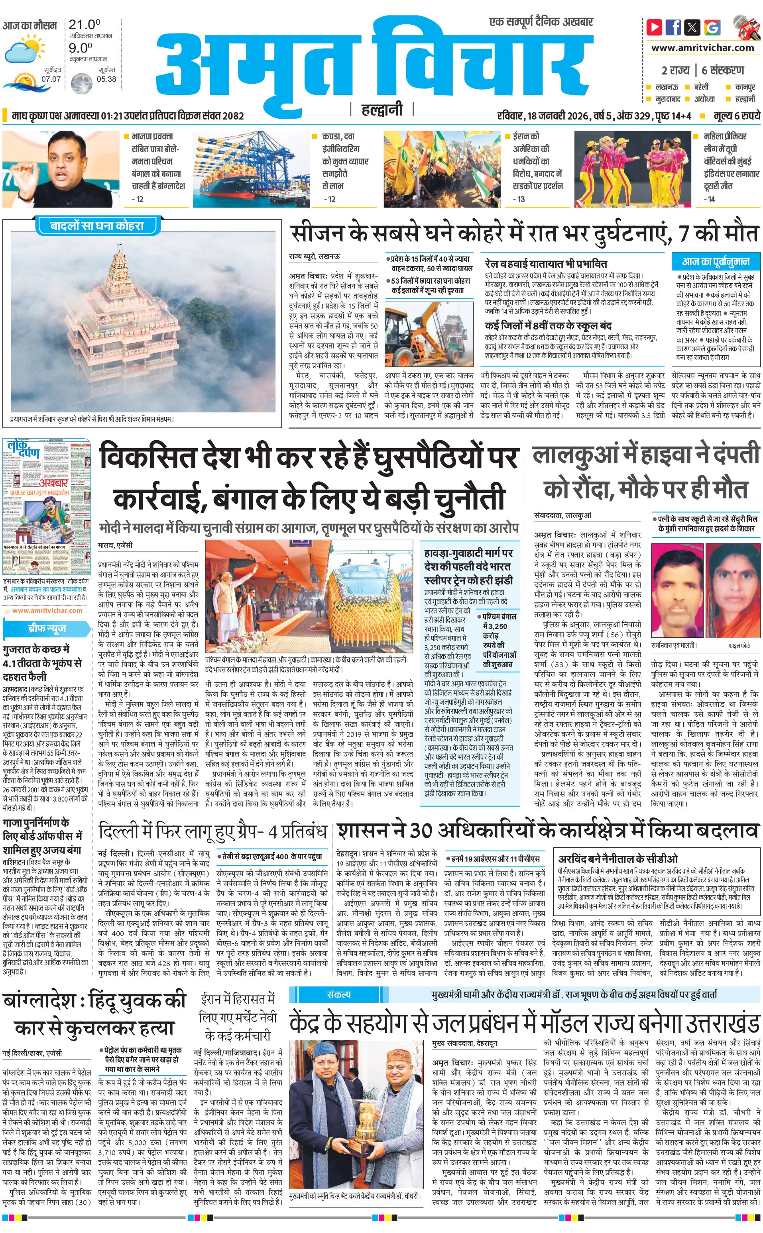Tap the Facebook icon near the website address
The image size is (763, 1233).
(x=673, y=27)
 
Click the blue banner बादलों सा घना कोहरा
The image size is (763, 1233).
(x=96, y=226)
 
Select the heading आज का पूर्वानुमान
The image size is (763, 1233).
(x=716, y=261)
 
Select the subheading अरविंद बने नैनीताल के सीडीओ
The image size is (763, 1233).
(x=617, y=858)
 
